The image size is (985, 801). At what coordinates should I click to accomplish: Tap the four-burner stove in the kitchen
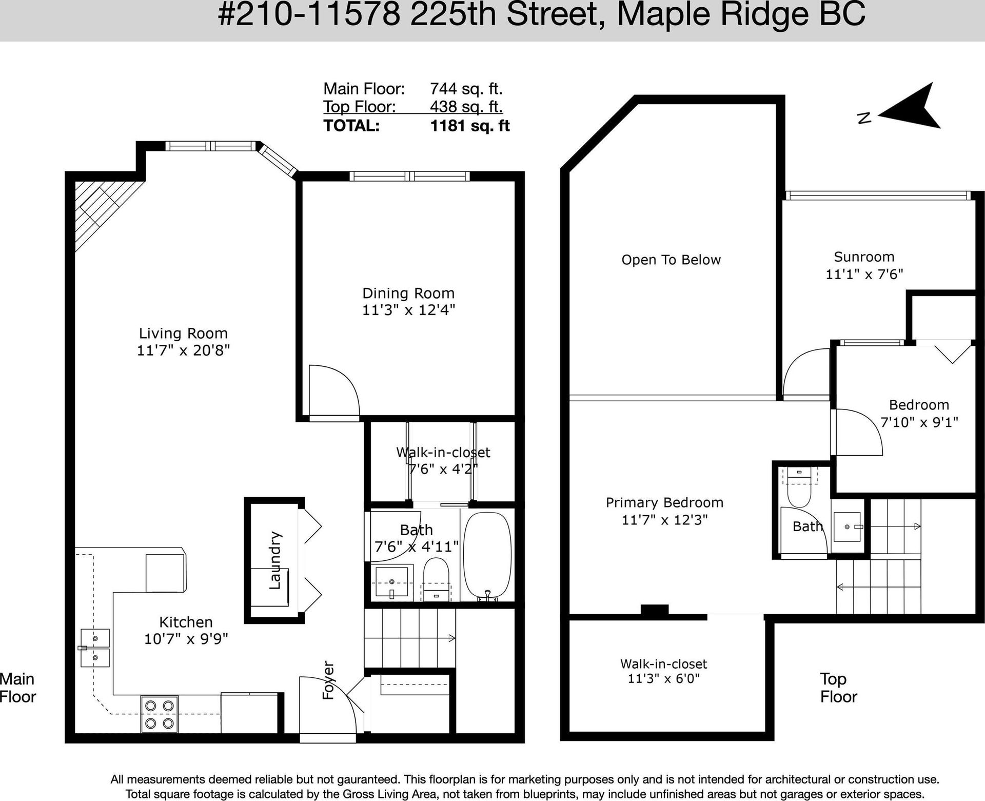tap(159, 714)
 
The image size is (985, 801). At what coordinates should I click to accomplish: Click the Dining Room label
tap(408, 294)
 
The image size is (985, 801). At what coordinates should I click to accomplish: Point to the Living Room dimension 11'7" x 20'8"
tap(183, 350)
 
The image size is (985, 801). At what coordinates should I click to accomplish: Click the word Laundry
tap(275, 560)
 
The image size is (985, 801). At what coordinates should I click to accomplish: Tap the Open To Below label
tap(671, 260)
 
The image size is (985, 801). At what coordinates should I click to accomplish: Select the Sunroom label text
tap(864, 257)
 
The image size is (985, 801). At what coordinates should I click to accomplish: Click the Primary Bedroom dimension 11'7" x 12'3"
tap(664, 520)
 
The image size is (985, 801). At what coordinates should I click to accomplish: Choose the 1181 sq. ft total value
tap(470, 126)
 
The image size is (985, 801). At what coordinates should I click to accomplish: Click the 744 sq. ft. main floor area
tap(466, 89)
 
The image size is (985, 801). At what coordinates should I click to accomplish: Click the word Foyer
tap(328, 680)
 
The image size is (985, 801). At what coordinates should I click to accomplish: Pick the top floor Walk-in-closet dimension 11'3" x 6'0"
tap(664, 678)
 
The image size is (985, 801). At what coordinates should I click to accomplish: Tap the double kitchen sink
tap(94, 648)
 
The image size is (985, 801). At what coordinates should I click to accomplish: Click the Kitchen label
tap(186, 622)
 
